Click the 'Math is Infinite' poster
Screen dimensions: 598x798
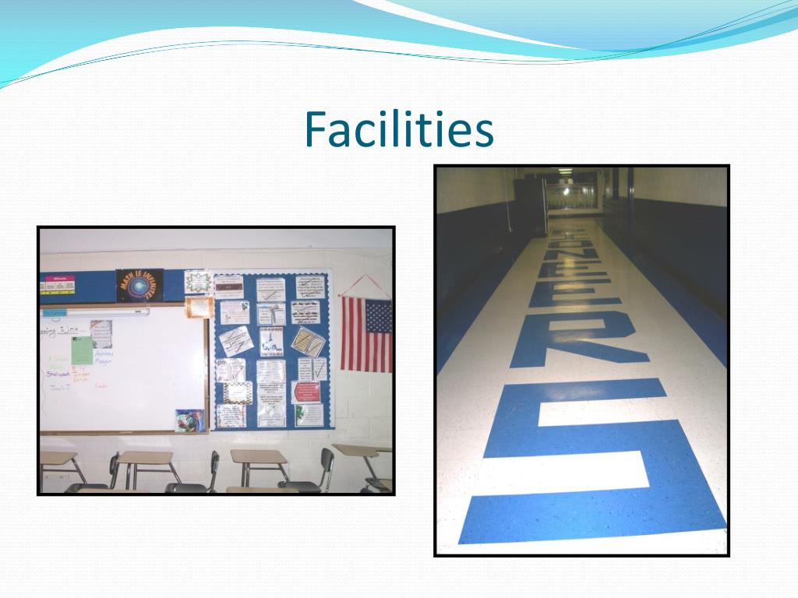pyautogui.click(x=139, y=285)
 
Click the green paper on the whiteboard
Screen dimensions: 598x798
pyautogui.click(x=82, y=351)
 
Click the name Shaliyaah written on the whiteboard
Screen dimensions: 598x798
pyautogui.click(x=58, y=374)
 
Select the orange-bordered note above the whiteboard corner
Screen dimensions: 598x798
pyautogui.click(x=199, y=307)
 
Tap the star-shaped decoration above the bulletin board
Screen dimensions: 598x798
pyautogui.click(x=198, y=281)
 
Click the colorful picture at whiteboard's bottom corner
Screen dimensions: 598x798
pyautogui.click(x=189, y=420)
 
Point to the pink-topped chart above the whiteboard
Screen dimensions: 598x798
pyautogui.click(x=58, y=284)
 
